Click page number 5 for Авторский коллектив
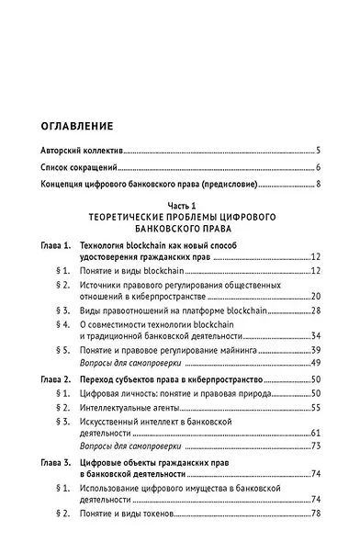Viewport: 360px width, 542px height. click(317, 149)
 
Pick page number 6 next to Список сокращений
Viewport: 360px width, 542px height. click(317, 167)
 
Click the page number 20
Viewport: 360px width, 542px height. click(314, 296)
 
